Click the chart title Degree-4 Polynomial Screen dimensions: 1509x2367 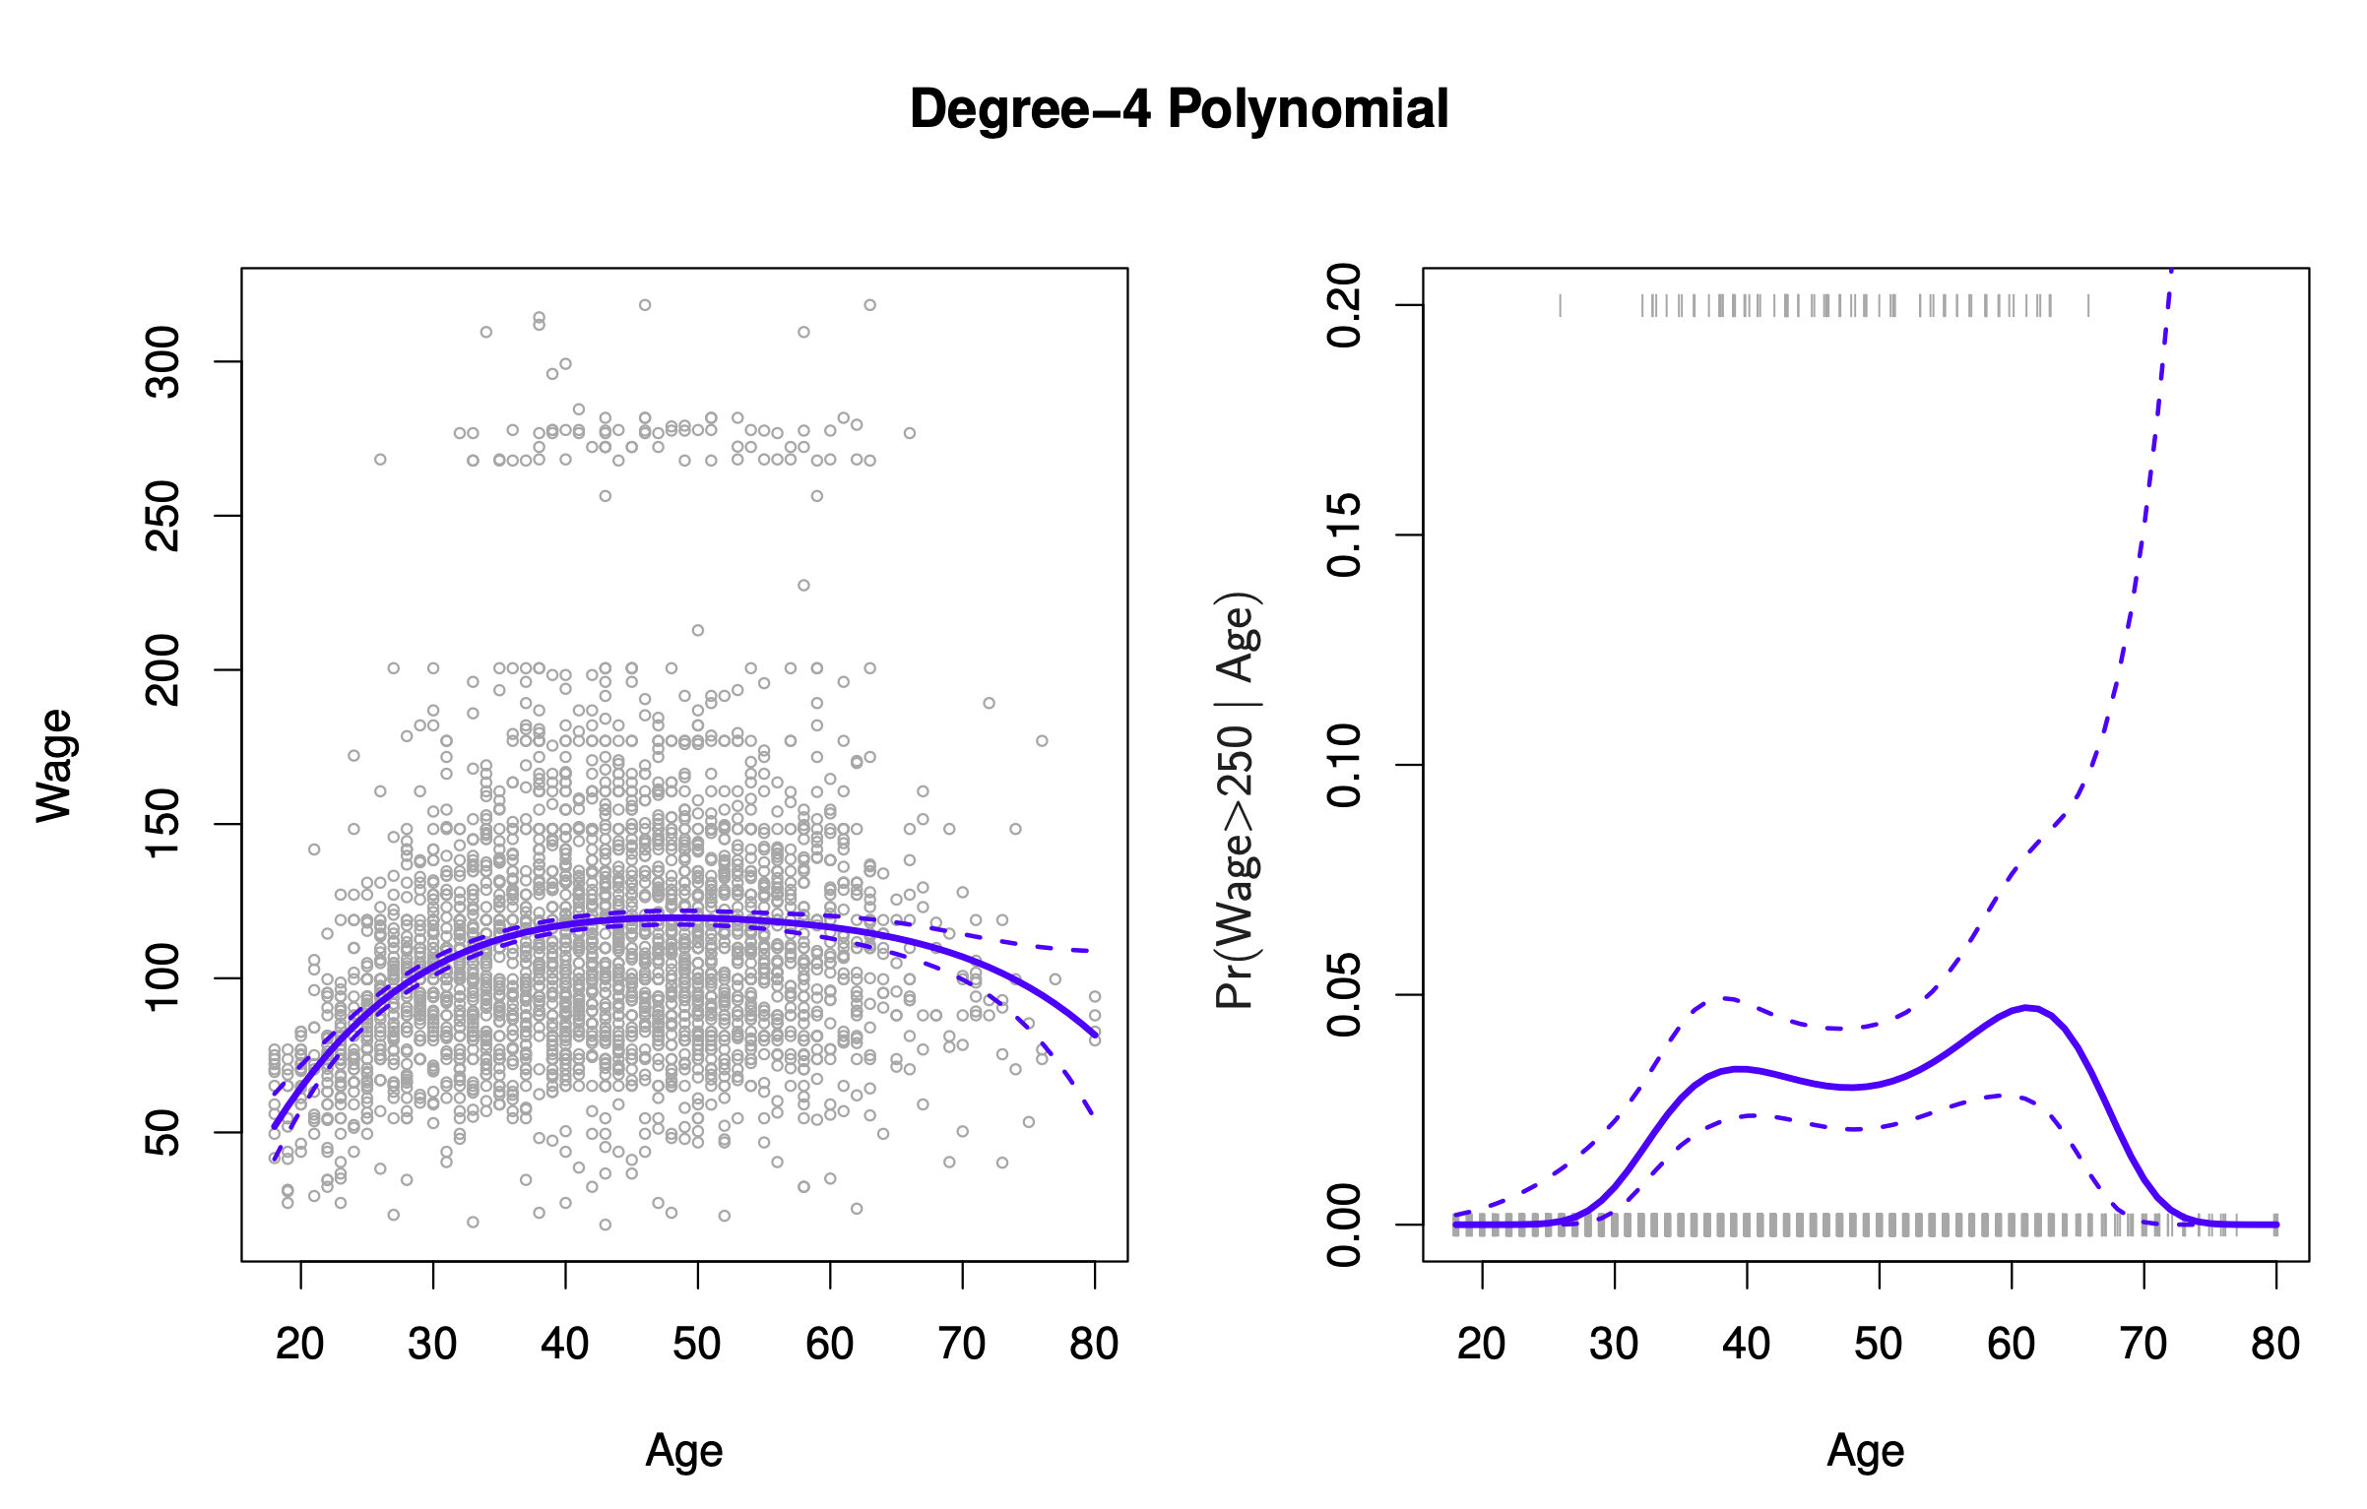pos(1179,109)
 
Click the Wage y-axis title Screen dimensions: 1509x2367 pos(55,765)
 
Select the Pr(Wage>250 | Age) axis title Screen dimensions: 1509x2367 pos(1237,799)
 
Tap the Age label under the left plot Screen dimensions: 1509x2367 pos(684,1451)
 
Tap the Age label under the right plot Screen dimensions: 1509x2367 pos(1866,1451)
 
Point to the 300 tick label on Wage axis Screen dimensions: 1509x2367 pos(163,362)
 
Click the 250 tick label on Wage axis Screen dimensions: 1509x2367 pos(163,516)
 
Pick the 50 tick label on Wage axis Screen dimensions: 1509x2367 pos(163,1132)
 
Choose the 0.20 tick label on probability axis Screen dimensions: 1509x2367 pos(1345,305)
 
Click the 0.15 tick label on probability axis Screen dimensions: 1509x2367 pos(1345,535)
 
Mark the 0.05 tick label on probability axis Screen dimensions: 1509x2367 pos(1345,995)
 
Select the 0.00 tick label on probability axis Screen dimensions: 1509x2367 pos(1345,1226)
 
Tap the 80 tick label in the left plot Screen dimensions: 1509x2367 pos(1094,1345)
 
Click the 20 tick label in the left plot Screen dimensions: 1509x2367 pos(300,1345)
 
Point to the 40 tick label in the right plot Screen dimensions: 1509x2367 pos(1747,1345)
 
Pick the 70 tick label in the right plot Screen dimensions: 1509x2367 pos(2143,1345)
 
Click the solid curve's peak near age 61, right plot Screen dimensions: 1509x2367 pos(2026,1007)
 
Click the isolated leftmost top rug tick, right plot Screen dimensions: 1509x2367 pos(1561,305)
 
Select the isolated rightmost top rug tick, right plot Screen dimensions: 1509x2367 pos(2088,305)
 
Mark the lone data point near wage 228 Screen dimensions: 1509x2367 pos(803,586)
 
